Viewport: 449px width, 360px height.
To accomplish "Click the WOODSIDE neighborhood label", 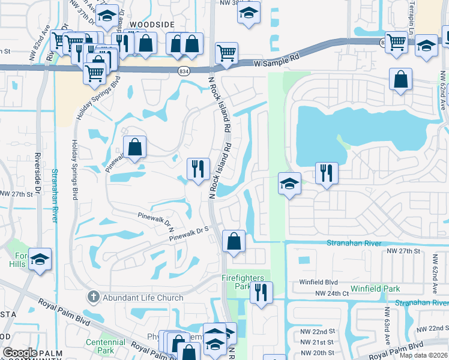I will point(154,24).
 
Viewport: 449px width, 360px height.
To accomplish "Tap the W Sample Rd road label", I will point(276,62).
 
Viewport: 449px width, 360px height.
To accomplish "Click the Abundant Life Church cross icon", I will point(93,296).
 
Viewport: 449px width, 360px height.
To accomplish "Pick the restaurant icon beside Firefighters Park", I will point(261,292).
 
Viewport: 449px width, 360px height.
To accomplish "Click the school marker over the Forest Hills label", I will point(40,259).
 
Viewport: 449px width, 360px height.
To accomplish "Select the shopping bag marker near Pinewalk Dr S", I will point(234,241).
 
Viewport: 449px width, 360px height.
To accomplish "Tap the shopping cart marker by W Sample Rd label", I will point(226,53).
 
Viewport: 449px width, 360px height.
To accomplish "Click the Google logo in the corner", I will point(20,353).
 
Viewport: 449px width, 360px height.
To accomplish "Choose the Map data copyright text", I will point(424,356).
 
